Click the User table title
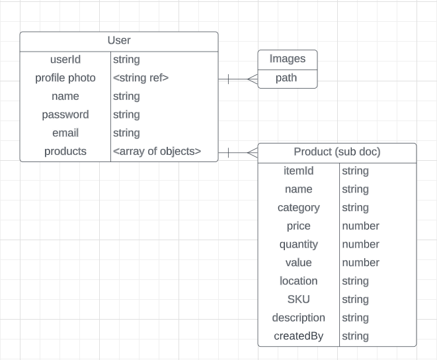[119, 41]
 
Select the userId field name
[65, 60]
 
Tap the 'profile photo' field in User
[65, 78]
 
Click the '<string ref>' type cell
[141, 78]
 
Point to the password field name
[65, 114]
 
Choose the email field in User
[65, 133]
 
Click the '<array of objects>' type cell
[157, 151]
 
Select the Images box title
[288, 59]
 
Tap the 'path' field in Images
[288, 78]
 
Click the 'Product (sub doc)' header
[337, 152]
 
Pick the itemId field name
[298, 171]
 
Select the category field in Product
[298, 207]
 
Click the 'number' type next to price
[360, 226]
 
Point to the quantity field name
[298, 244]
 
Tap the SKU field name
[298, 299]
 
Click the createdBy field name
[298, 336]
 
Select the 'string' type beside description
[355, 318]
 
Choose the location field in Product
[298, 281]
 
